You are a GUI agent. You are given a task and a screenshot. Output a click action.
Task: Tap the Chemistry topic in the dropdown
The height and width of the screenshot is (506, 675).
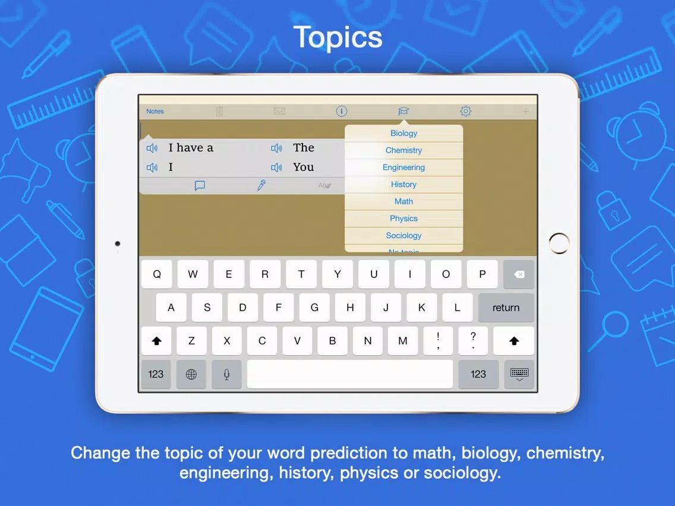point(403,150)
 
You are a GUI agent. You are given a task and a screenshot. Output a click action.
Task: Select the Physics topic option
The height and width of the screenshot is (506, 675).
point(403,219)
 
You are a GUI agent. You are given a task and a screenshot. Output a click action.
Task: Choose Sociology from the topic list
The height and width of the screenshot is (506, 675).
point(403,235)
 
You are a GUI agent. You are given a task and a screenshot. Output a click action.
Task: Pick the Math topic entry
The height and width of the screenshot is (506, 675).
point(403,201)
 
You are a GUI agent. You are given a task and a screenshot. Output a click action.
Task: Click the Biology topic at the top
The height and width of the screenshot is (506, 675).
point(403,134)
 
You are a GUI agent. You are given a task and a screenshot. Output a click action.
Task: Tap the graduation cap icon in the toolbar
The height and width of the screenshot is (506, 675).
point(403,112)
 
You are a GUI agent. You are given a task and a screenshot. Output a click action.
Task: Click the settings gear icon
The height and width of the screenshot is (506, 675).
point(465,112)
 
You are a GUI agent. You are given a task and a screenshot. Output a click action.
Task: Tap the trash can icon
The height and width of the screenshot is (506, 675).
point(219,112)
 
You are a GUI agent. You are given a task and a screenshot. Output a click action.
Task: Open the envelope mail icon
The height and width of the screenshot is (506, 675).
point(279,112)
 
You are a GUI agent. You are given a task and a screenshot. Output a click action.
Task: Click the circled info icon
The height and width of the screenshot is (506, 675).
point(342,112)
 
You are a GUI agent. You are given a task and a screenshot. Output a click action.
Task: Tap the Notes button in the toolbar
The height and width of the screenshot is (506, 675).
point(155,112)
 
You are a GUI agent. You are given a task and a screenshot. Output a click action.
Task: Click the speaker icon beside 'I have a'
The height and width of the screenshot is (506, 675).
point(152,148)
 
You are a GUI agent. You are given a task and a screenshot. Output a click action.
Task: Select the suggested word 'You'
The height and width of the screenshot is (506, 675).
point(304,167)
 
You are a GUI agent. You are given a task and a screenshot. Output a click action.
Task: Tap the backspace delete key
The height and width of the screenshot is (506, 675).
point(519,274)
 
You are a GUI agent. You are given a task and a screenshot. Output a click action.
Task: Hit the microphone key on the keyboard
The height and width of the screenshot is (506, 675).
point(226,374)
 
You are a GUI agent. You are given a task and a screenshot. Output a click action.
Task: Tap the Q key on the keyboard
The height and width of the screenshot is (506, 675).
point(157,274)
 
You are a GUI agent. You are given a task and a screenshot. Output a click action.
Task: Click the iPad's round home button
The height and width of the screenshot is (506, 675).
point(559,243)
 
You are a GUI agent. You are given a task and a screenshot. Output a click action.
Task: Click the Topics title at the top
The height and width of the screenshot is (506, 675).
point(337,37)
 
